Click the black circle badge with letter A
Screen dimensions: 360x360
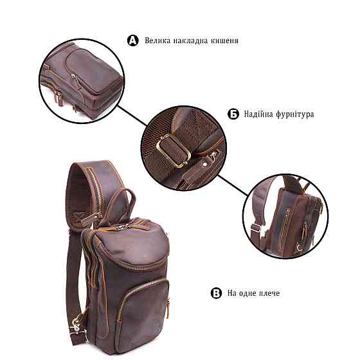(x=133, y=40)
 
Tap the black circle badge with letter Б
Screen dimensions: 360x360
(x=233, y=114)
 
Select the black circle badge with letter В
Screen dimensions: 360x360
(x=216, y=293)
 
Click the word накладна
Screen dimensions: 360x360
(x=190, y=41)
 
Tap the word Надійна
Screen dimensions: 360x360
(x=258, y=114)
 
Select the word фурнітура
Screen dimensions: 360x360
(x=294, y=114)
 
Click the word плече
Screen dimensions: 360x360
(x=269, y=293)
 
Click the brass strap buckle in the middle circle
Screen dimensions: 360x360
(x=174, y=150)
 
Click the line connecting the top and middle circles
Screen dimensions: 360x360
(x=132, y=116)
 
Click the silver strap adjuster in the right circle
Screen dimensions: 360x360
(x=256, y=228)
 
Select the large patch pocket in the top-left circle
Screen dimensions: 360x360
(x=92, y=70)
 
